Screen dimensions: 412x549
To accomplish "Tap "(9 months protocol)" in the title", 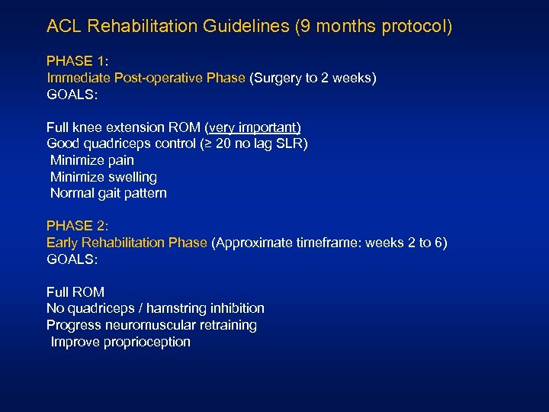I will [x=373, y=27].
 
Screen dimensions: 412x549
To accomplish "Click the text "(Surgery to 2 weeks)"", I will [x=313, y=78].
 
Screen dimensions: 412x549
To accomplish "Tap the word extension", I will [x=137, y=127].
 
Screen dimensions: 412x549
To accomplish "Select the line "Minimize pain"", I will [x=91, y=160].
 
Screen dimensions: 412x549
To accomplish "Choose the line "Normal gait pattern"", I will [x=108, y=193].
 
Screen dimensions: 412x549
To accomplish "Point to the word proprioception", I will [x=144, y=342].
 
